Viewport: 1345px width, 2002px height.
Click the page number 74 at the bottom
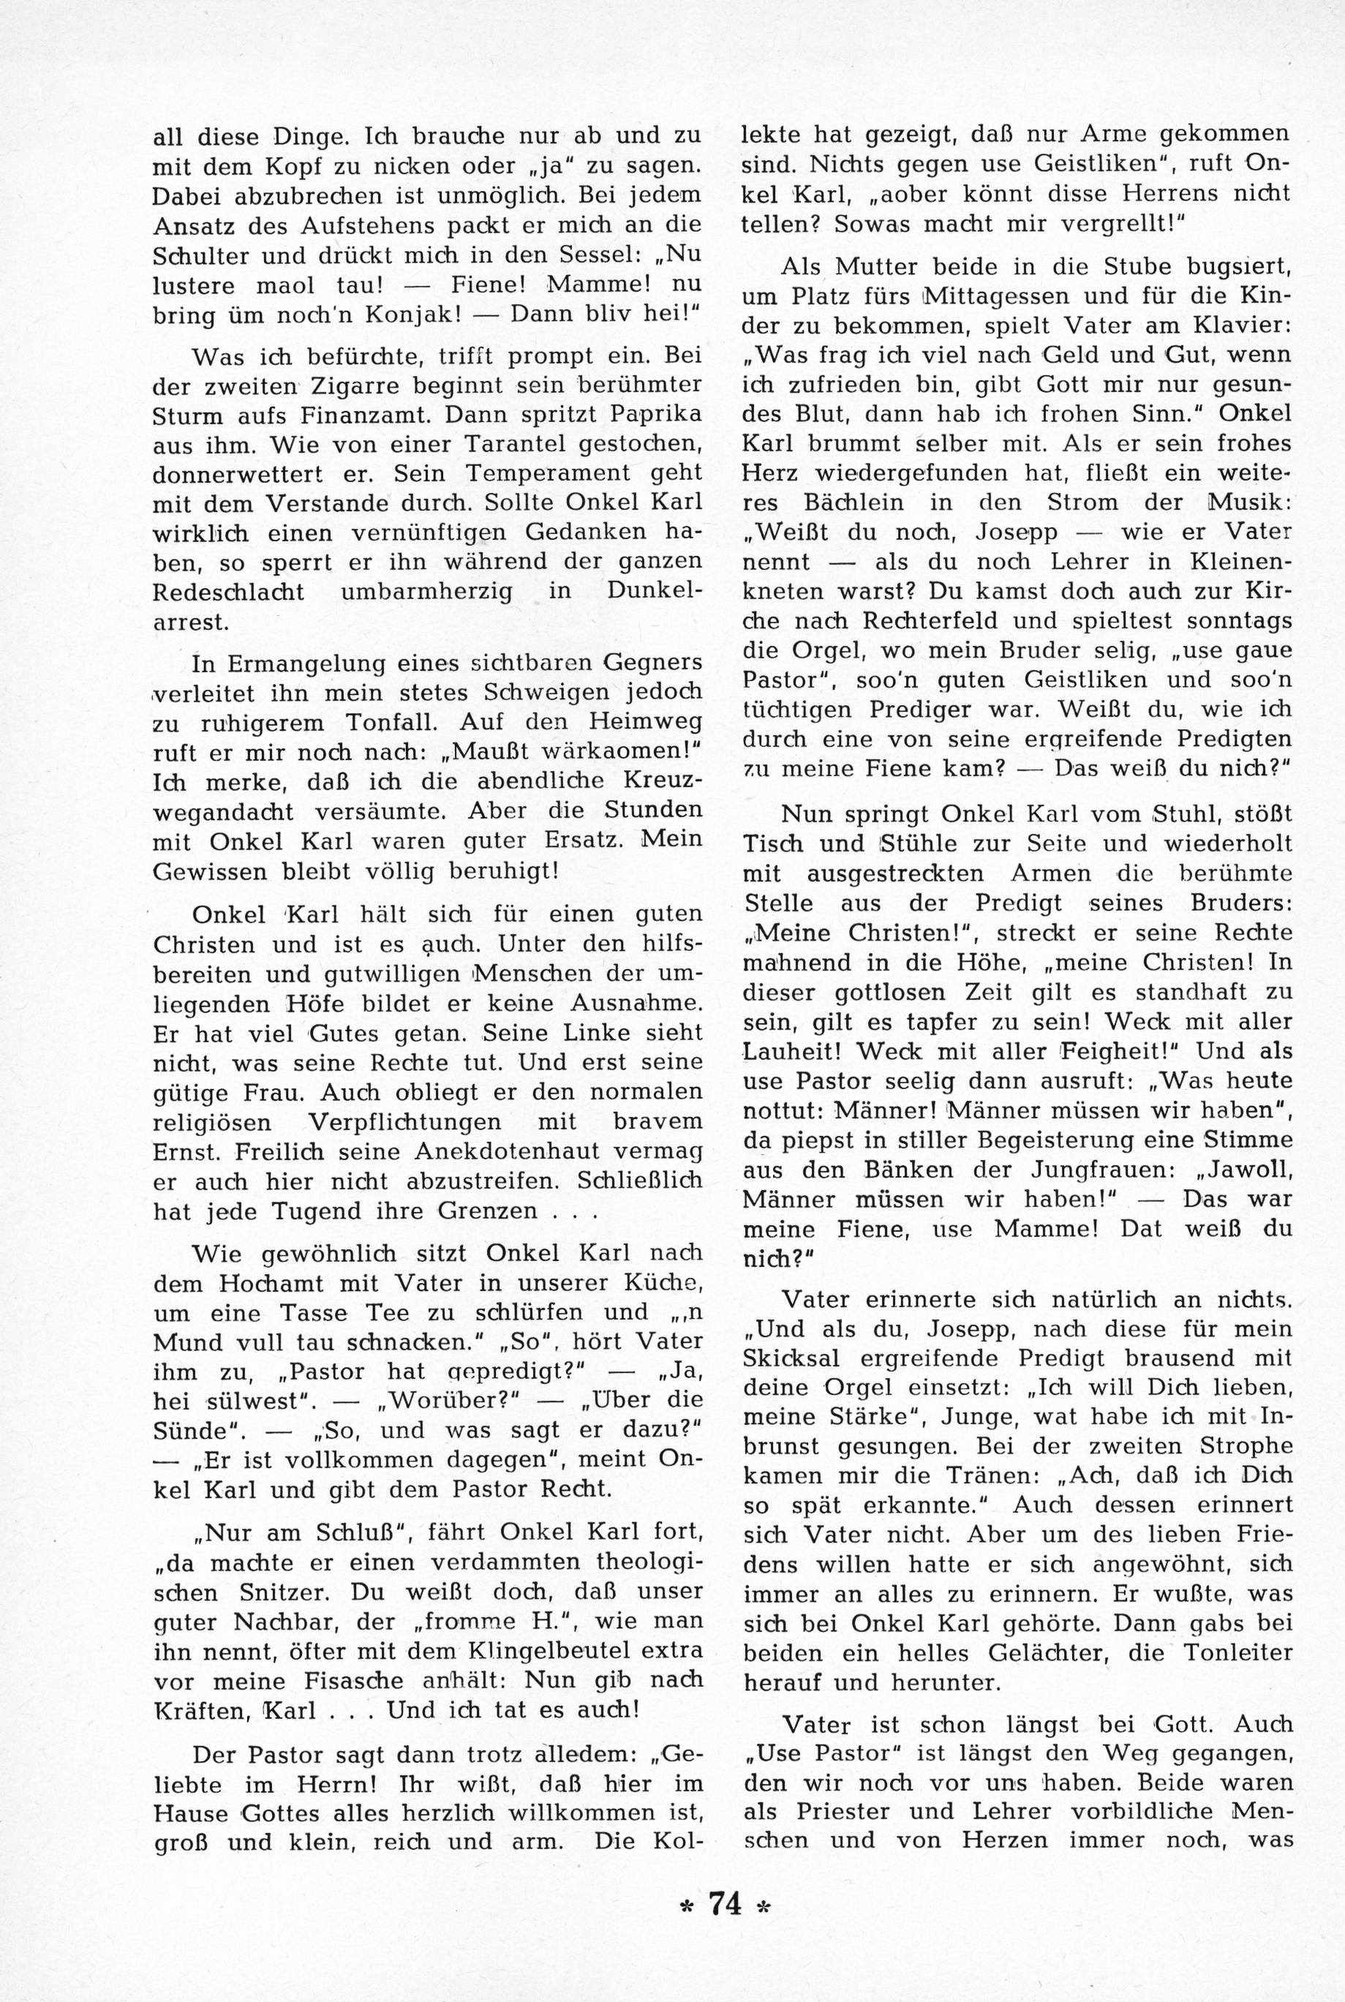click(x=725, y=1922)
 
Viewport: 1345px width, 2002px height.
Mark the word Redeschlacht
click(x=228, y=592)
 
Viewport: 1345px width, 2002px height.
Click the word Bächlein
click(x=870, y=503)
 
